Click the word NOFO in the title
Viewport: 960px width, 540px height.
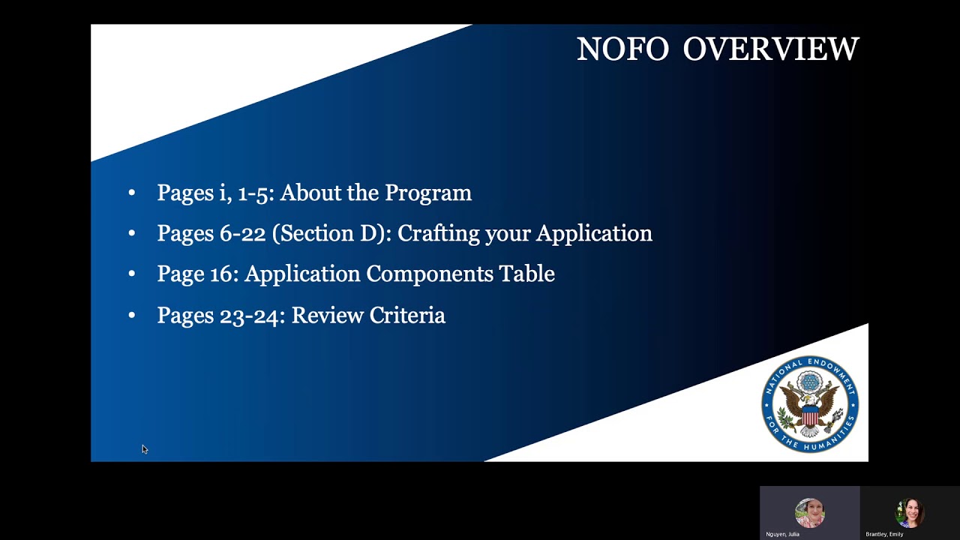(x=622, y=49)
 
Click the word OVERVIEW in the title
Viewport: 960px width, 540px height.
(x=770, y=49)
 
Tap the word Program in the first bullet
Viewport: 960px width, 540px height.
(x=427, y=193)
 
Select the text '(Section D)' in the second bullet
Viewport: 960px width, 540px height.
(x=331, y=234)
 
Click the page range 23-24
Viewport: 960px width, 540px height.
(x=252, y=316)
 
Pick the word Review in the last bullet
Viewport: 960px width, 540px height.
(x=324, y=316)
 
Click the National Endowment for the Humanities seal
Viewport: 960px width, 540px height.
(x=810, y=404)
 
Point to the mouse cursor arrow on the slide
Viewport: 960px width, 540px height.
(x=144, y=449)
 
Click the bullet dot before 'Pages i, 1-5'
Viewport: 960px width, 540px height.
(x=132, y=193)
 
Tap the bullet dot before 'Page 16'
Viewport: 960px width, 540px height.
(x=132, y=274)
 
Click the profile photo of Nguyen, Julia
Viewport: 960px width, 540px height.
(x=809, y=513)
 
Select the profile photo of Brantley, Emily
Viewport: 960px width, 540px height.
(x=909, y=513)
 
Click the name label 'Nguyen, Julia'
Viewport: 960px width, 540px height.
(x=782, y=534)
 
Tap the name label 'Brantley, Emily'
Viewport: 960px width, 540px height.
(x=884, y=534)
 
